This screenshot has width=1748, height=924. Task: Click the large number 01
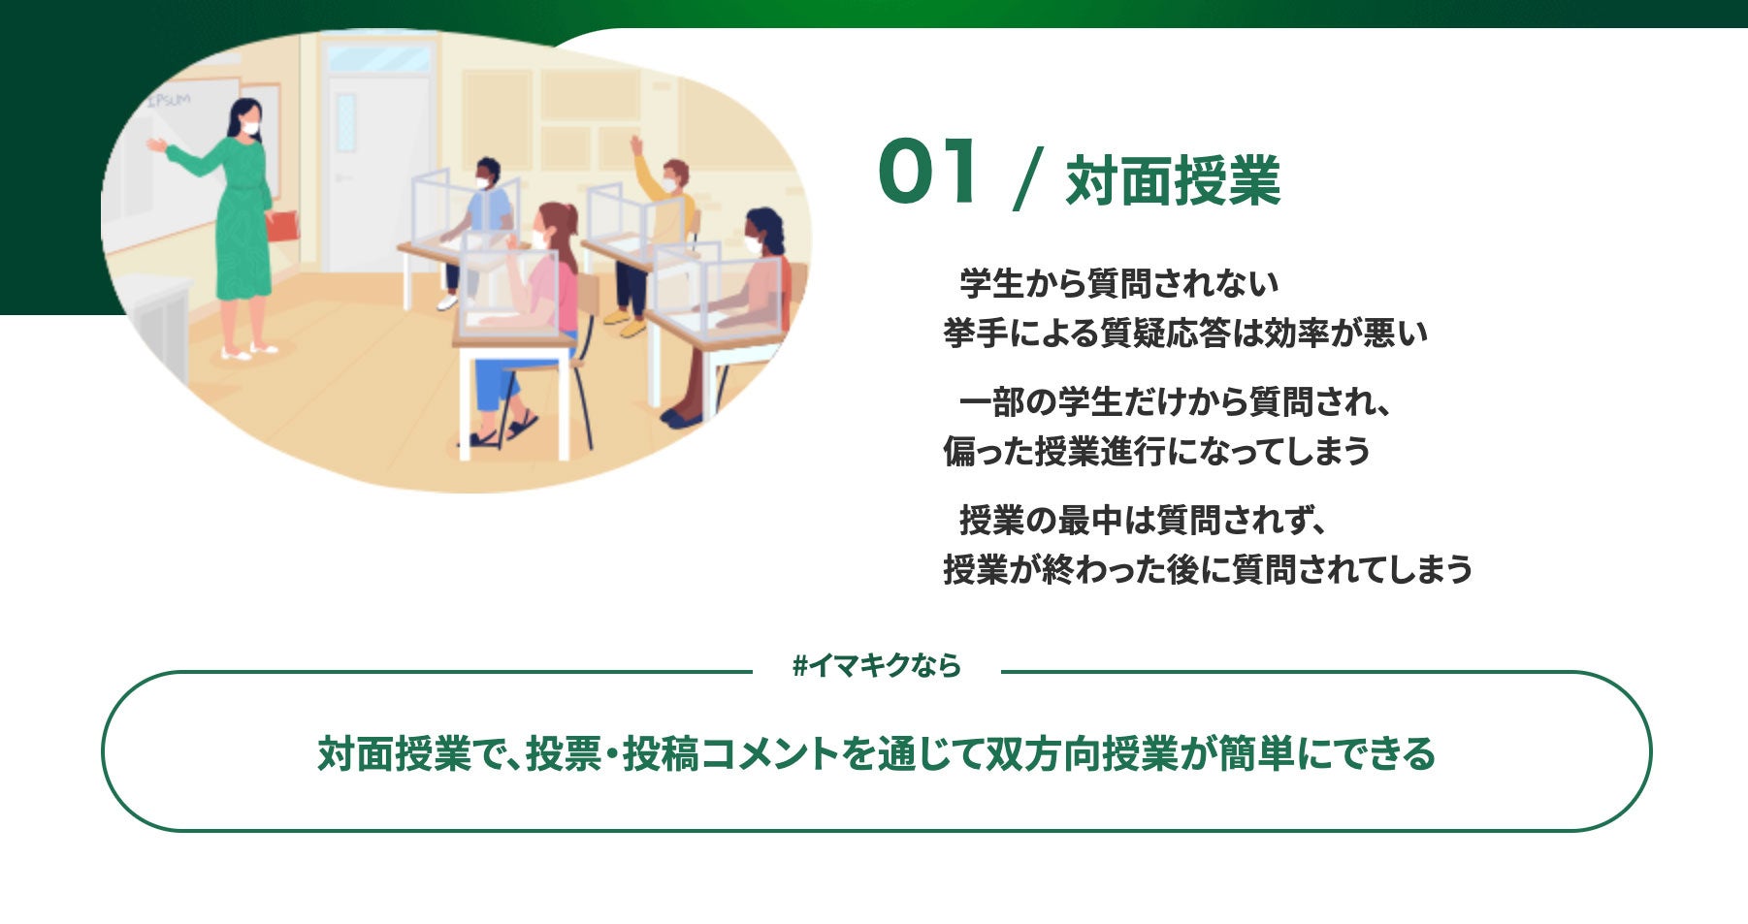[x=927, y=172]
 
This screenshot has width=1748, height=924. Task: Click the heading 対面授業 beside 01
[x=1173, y=180]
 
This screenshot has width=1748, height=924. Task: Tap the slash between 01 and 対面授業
[x=1026, y=178]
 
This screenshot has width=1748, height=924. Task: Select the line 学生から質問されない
[x=1118, y=283]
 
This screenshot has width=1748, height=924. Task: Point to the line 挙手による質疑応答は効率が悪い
[x=1185, y=333]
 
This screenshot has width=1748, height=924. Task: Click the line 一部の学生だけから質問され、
[x=1175, y=401]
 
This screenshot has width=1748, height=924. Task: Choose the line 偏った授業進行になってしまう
[x=1156, y=451]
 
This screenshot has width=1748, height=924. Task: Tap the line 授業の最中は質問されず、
[x=1142, y=521]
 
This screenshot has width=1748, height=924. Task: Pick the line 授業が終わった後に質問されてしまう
[x=1208, y=569]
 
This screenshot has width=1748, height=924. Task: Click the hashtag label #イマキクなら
[x=876, y=666]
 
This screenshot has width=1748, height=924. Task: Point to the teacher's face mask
[x=251, y=127]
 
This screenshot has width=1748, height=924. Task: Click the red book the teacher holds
[x=281, y=226]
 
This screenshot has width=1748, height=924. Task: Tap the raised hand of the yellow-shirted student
[x=636, y=145]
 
